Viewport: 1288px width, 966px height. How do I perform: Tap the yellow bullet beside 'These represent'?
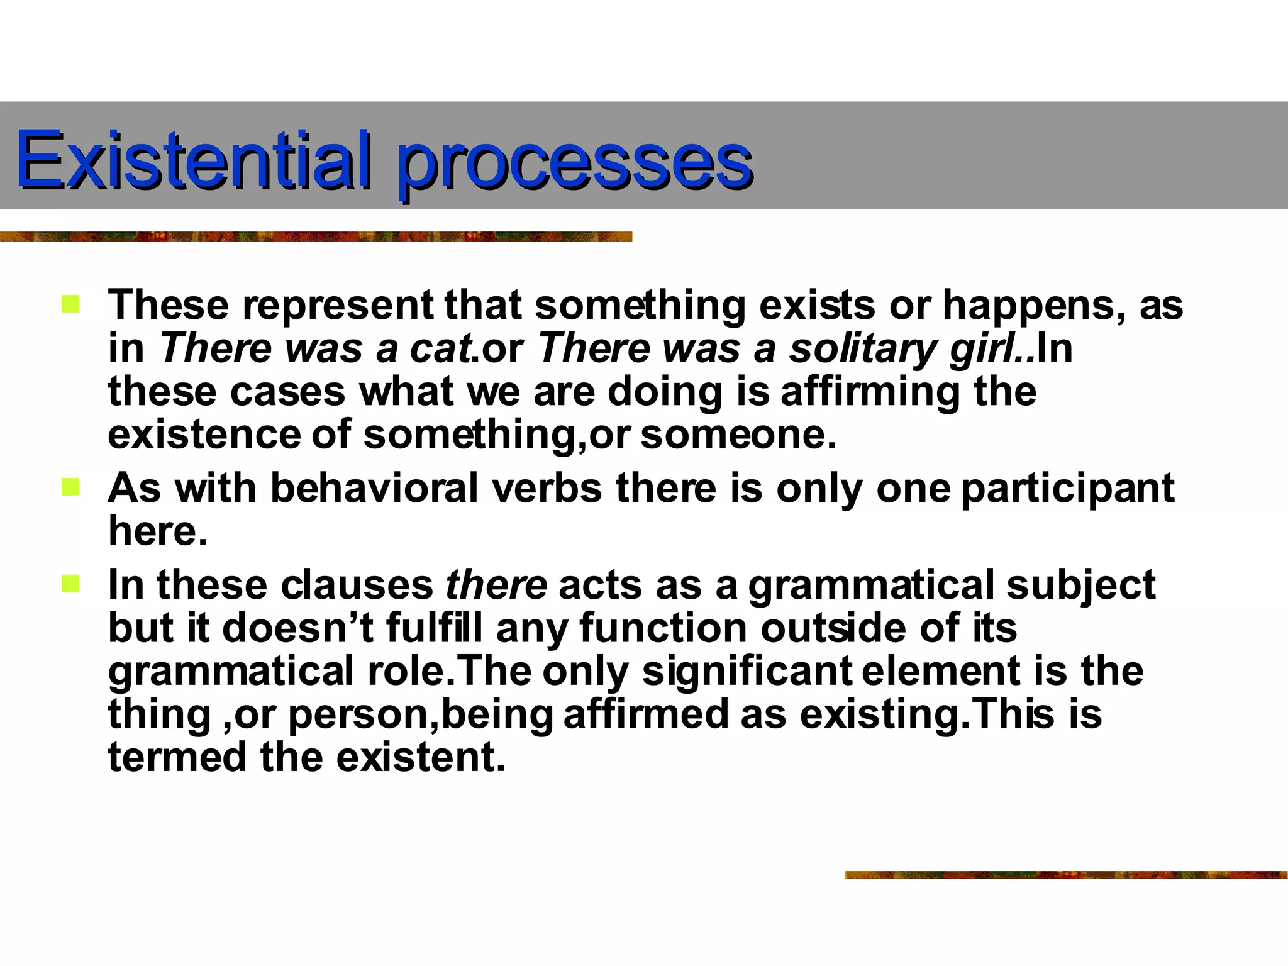(x=70, y=305)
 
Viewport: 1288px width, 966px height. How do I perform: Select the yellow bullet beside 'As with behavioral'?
(x=70, y=487)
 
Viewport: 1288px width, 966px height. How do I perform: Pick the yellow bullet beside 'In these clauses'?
(x=70, y=584)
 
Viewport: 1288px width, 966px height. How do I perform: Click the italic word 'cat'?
(x=440, y=348)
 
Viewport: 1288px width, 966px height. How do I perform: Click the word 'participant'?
(x=1067, y=488)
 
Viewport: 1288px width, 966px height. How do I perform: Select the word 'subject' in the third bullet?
(x=1080, y=586)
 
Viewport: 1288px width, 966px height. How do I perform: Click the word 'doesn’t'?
(x=298, y=628)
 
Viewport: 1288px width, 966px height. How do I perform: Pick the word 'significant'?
(x=747, y=671)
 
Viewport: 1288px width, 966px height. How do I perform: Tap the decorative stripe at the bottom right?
(x=1065, y=875)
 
